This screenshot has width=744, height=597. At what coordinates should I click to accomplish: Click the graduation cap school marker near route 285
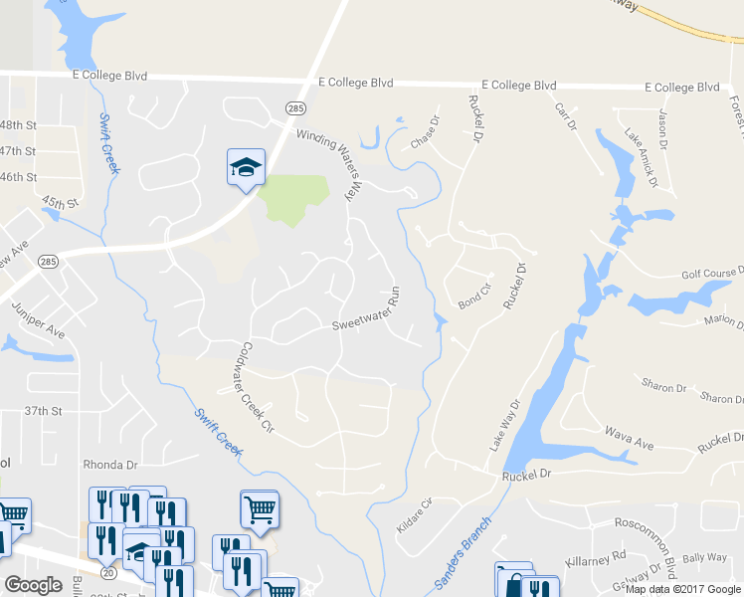[246, 168]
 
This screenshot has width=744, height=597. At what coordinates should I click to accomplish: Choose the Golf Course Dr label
[712, 274]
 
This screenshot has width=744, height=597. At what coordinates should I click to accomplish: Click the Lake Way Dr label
[504, 427]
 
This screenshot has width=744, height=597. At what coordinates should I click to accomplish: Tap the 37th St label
[44, 410]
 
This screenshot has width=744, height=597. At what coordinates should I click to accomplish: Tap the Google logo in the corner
[34, 584]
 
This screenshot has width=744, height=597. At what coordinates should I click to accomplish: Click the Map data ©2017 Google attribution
[682, 589]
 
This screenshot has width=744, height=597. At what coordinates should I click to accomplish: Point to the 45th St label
[60, 204]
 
